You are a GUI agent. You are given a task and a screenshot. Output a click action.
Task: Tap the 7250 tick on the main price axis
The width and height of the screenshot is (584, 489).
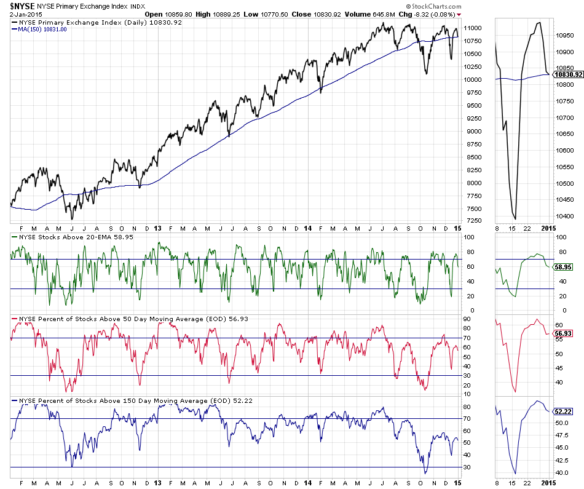click(471, 221)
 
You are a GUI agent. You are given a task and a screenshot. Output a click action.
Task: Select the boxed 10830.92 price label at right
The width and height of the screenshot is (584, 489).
click(567, 74)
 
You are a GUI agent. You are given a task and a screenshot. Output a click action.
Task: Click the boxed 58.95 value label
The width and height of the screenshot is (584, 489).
click(564, 268)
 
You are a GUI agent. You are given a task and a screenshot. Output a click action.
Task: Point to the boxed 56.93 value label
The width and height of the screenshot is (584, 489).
click(564, 333)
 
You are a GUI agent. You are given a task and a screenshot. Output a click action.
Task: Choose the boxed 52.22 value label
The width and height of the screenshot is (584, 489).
click(564, 411)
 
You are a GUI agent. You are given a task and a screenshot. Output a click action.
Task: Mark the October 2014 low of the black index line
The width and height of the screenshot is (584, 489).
click(426, 74)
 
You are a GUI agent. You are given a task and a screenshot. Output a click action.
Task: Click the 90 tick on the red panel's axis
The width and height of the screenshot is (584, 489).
click(467, 319)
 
